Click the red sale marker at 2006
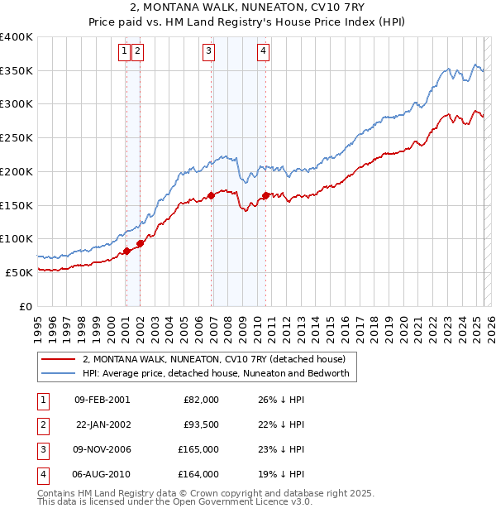(x=212, y=195)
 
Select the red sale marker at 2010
(x=266, y=195)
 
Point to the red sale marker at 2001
(x=126, y=251)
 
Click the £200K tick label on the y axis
(x=16, y=171)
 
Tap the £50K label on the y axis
(x=19, y=272)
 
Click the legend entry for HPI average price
(x=216, y=373)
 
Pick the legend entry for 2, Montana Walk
(x=219, y=359)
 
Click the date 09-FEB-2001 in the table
(x=102, y=400)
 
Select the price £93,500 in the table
(x=200, y=424)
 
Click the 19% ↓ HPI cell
(x=281, y=474)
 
